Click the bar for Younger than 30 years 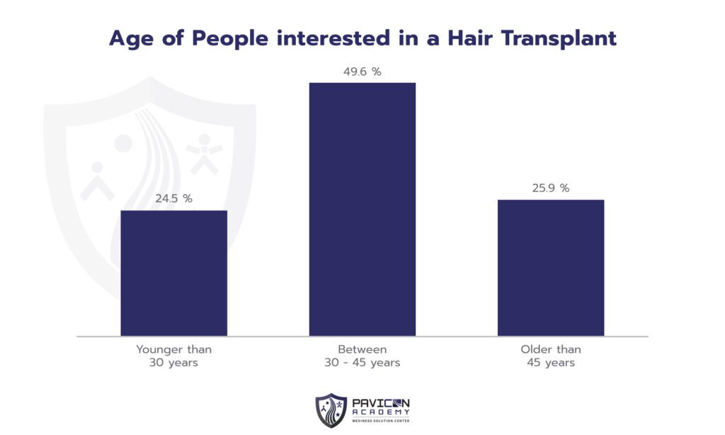click(173, 273)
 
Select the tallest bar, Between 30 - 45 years click(362, 209)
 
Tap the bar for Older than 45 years click(550, 267)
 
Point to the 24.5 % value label click(173, 198)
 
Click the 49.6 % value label click(362, 71)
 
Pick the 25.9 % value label click(550, 188)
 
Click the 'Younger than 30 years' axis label click(173, 356)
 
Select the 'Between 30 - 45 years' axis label click(362, 356)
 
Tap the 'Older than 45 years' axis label click(550, 356)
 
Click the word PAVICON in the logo click(380, 402)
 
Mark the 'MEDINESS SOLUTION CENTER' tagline click(380, 421)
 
